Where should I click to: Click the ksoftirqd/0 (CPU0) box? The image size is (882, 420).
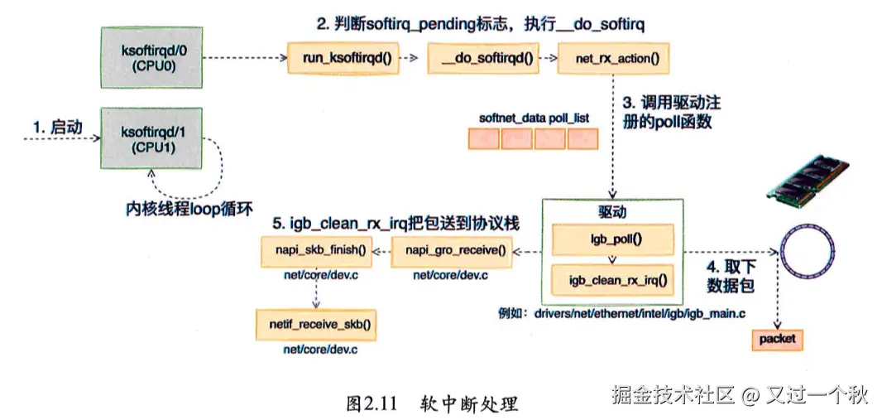(151, 57)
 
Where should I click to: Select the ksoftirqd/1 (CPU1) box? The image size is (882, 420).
(151, 138)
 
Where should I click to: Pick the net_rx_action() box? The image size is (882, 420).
(614, 57)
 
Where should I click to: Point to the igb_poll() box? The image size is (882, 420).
(613, 239)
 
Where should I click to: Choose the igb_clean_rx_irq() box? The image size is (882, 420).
(613, 280)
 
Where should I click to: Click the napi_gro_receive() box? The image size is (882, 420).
(452, 251)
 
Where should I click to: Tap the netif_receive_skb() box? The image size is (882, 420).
(316, 325)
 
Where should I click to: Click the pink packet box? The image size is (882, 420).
(778, 340)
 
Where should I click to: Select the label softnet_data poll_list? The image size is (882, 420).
(534, 118)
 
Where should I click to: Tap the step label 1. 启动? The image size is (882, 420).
(57, 128)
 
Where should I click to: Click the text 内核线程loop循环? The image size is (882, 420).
(189, 210)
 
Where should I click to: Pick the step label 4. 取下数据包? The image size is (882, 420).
(730, 277)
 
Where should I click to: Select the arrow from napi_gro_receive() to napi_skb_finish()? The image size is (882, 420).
(383, 252)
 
